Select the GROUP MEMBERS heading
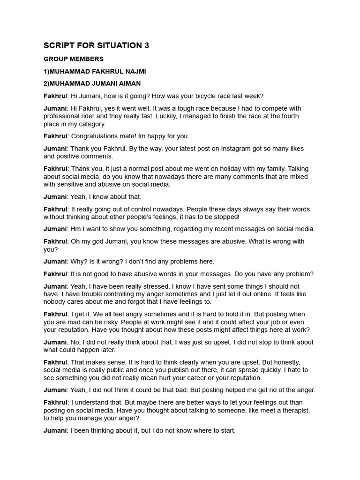pos(74,59)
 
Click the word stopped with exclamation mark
pos(226,217)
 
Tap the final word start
pos(226,430)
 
